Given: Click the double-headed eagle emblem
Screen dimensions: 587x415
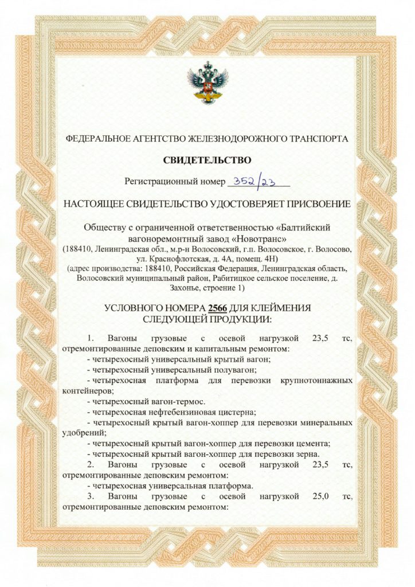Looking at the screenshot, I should pos(207,83).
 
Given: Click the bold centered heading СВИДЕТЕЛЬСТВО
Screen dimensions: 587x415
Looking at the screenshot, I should pos(207,159).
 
